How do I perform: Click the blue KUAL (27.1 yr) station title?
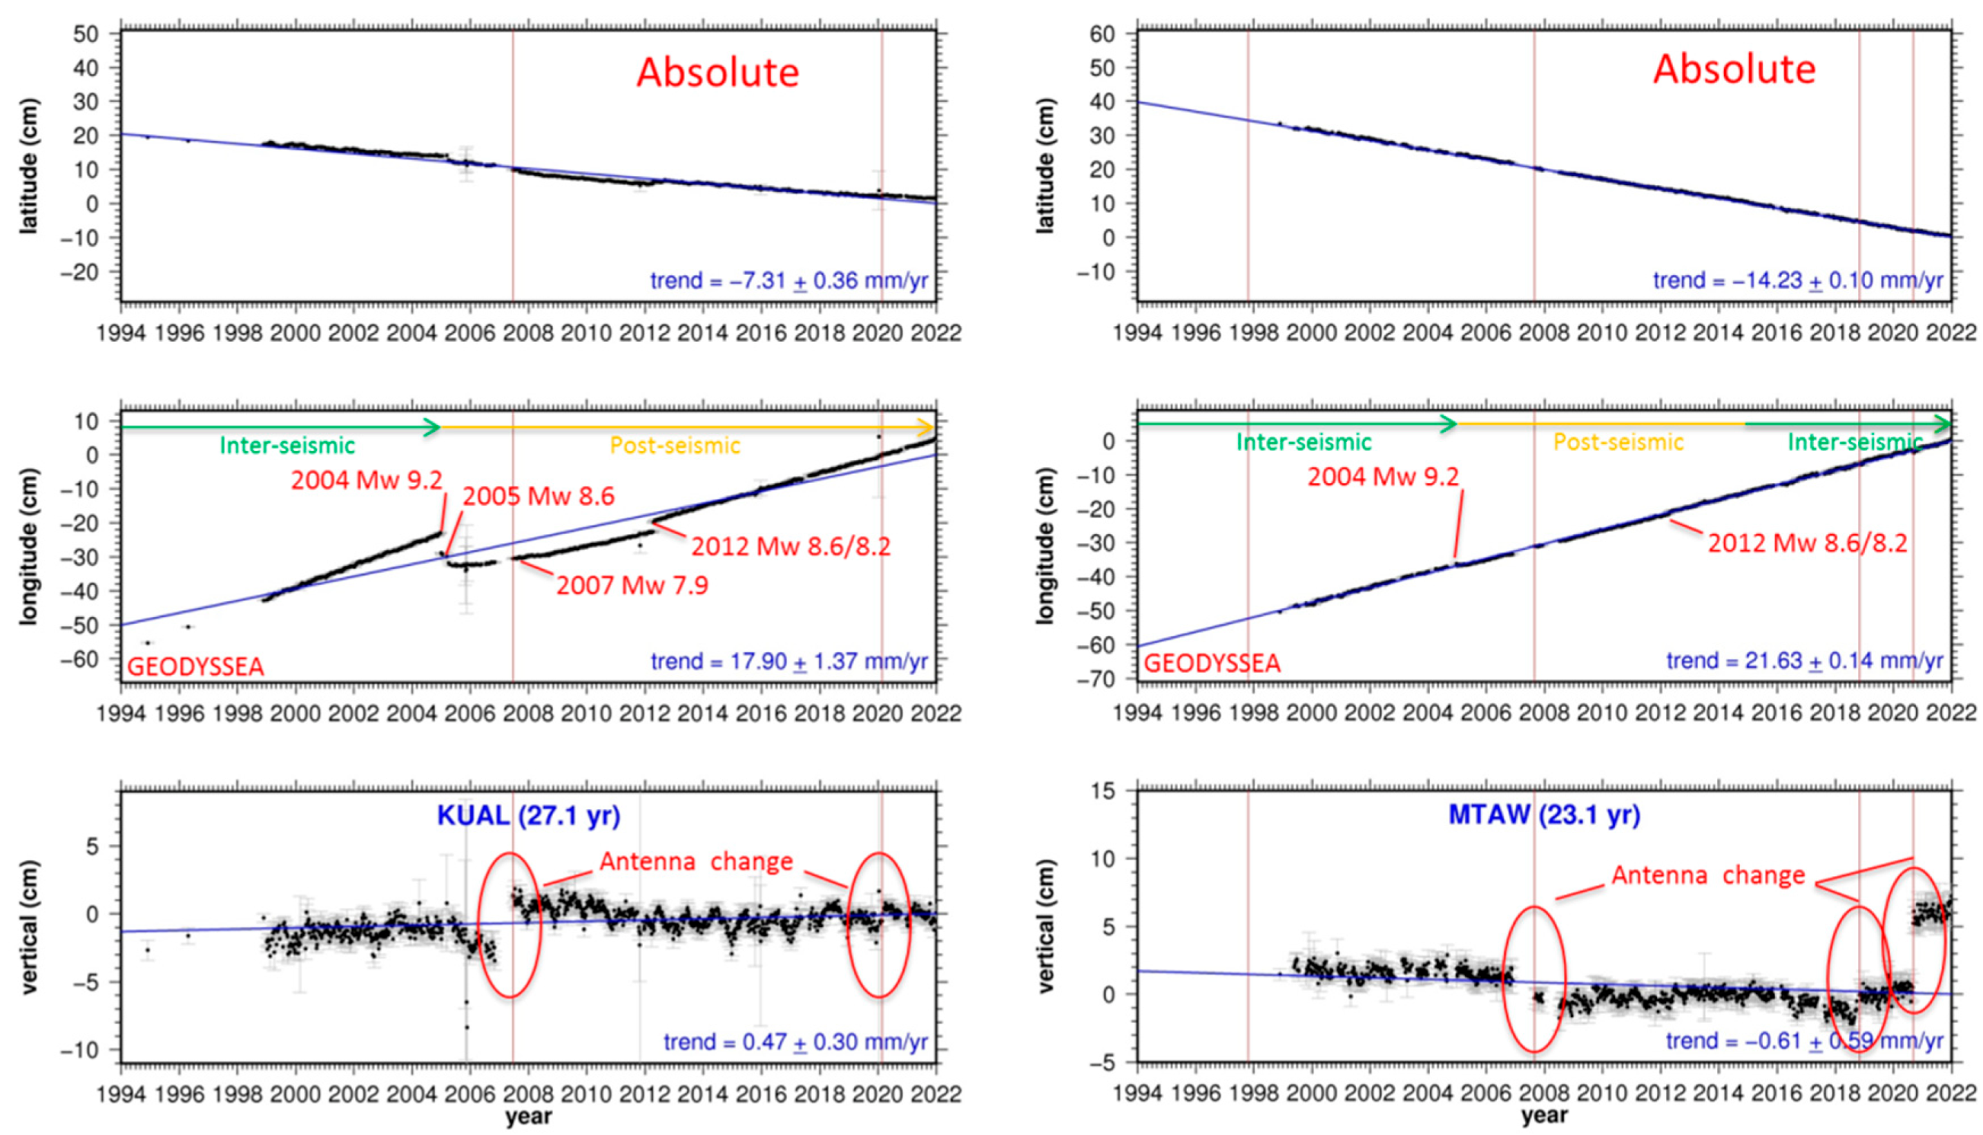pos(528,815)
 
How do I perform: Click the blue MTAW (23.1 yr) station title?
pos(1544,814)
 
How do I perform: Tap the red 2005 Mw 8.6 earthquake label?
pos(538,497)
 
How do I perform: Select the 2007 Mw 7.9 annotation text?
pos(632,584)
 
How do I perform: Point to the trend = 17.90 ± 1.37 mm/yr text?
pos(789,662)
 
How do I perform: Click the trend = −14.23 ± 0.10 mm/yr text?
pos(1797,280)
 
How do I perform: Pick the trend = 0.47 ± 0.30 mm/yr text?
pos(795,1042)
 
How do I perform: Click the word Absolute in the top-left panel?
pos(717,73)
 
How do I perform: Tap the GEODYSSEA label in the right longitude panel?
pos(1212,663)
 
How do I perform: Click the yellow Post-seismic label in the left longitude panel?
pos(675,446)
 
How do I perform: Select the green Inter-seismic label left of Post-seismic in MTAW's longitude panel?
pos(1304,443)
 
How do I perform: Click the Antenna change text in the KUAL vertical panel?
pos(696,861)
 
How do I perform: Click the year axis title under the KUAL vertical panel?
pos(528,1116)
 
